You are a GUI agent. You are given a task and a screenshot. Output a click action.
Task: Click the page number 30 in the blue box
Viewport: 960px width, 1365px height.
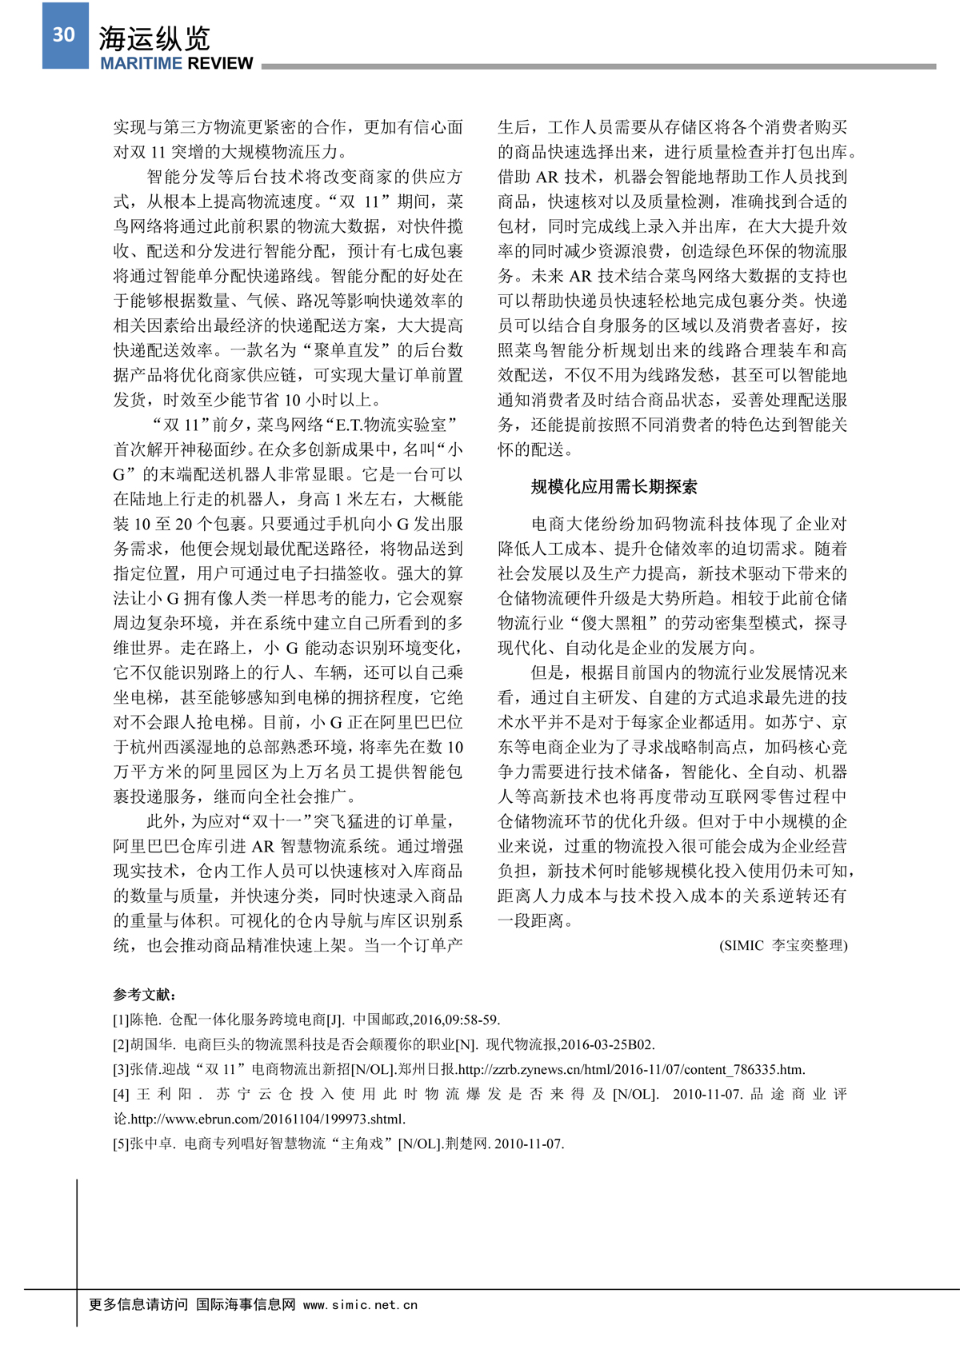pyautogui.click(x=65, y=35)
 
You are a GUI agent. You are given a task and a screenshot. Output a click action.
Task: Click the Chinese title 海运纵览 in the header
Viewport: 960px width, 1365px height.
pyautogui.click(x=154, y=38)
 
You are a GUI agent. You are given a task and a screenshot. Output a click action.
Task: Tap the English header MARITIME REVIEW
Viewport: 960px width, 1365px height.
pyautogui.click(x=176, y=63)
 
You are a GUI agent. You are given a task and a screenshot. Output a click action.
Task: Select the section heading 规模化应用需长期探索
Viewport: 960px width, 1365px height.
pyautogui.click(x=614, y=486)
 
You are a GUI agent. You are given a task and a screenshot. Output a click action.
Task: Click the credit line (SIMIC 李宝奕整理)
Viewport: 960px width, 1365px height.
pyautogui.click(x=783, y=945)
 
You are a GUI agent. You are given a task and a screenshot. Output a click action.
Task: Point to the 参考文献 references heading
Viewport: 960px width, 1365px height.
pyautogui.click(x=145, y=995)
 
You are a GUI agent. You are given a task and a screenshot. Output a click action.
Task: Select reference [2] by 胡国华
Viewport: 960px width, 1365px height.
pyautogui.click(x=384, y=1044)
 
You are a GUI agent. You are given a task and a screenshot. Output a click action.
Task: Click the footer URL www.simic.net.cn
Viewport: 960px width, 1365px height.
pyautogui.click(x=360, y=1304)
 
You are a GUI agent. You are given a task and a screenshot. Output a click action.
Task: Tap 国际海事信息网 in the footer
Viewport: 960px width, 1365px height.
pyautogui.click(x=246, y=1304)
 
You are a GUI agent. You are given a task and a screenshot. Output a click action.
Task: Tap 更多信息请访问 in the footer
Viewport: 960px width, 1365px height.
pyautogui.click(x=138, y=1304)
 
